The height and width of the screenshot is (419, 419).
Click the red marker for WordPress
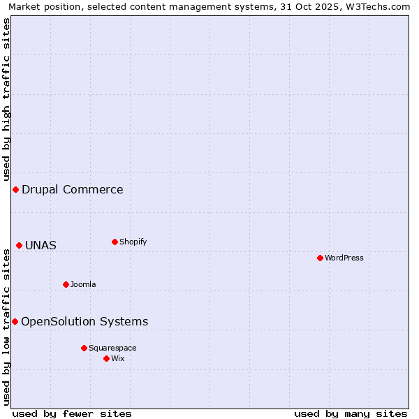320,258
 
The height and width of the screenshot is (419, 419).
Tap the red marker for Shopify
115,242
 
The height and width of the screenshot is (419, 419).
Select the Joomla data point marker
66,284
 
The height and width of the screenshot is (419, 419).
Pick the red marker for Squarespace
84,348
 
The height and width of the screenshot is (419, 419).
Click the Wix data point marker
106,358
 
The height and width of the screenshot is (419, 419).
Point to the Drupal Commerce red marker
15,189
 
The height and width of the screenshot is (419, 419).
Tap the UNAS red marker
19,245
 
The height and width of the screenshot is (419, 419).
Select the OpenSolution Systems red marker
15,321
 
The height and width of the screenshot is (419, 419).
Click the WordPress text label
344,258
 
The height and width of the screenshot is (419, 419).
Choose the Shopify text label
133,242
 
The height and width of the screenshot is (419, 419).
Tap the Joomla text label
83,284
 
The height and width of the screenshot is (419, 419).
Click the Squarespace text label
112,348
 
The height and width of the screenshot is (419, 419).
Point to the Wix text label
118,358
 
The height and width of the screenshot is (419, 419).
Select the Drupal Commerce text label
73,189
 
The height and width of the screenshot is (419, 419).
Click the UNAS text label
41,245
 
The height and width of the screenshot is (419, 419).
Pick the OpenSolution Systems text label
84,321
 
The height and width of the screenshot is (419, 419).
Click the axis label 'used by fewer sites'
72,413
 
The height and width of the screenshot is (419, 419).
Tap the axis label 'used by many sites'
351,413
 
